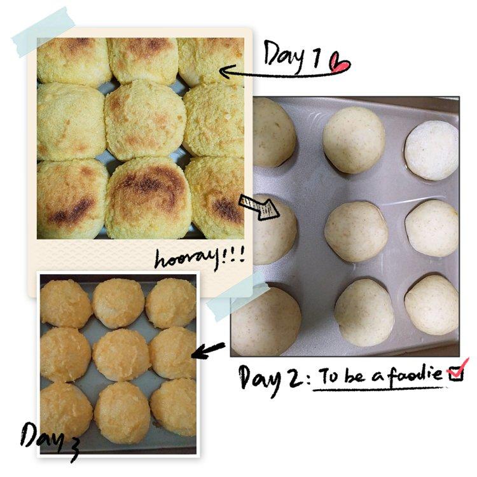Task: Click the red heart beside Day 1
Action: click(340, 63)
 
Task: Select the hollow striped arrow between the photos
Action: click(259, 207)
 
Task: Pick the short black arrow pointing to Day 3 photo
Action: click(209, 350)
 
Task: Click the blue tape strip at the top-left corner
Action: click(43, 32)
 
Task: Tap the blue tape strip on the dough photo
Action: click(237, 296)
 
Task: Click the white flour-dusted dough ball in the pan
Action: click(431, 150)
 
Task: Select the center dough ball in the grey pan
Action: click(356, 232)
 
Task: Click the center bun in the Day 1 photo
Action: click(145, 120)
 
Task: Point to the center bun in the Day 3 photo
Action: click(121, 354)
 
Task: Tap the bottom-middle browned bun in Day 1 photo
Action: click(148, 198)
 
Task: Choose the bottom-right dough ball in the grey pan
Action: click(432, 305)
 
